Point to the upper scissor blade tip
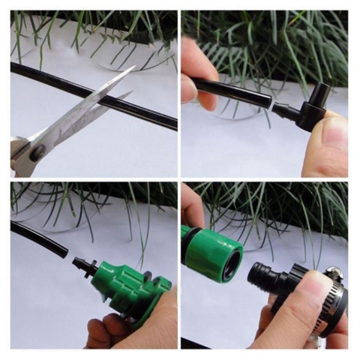(133, 68)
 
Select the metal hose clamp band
(330, 300)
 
